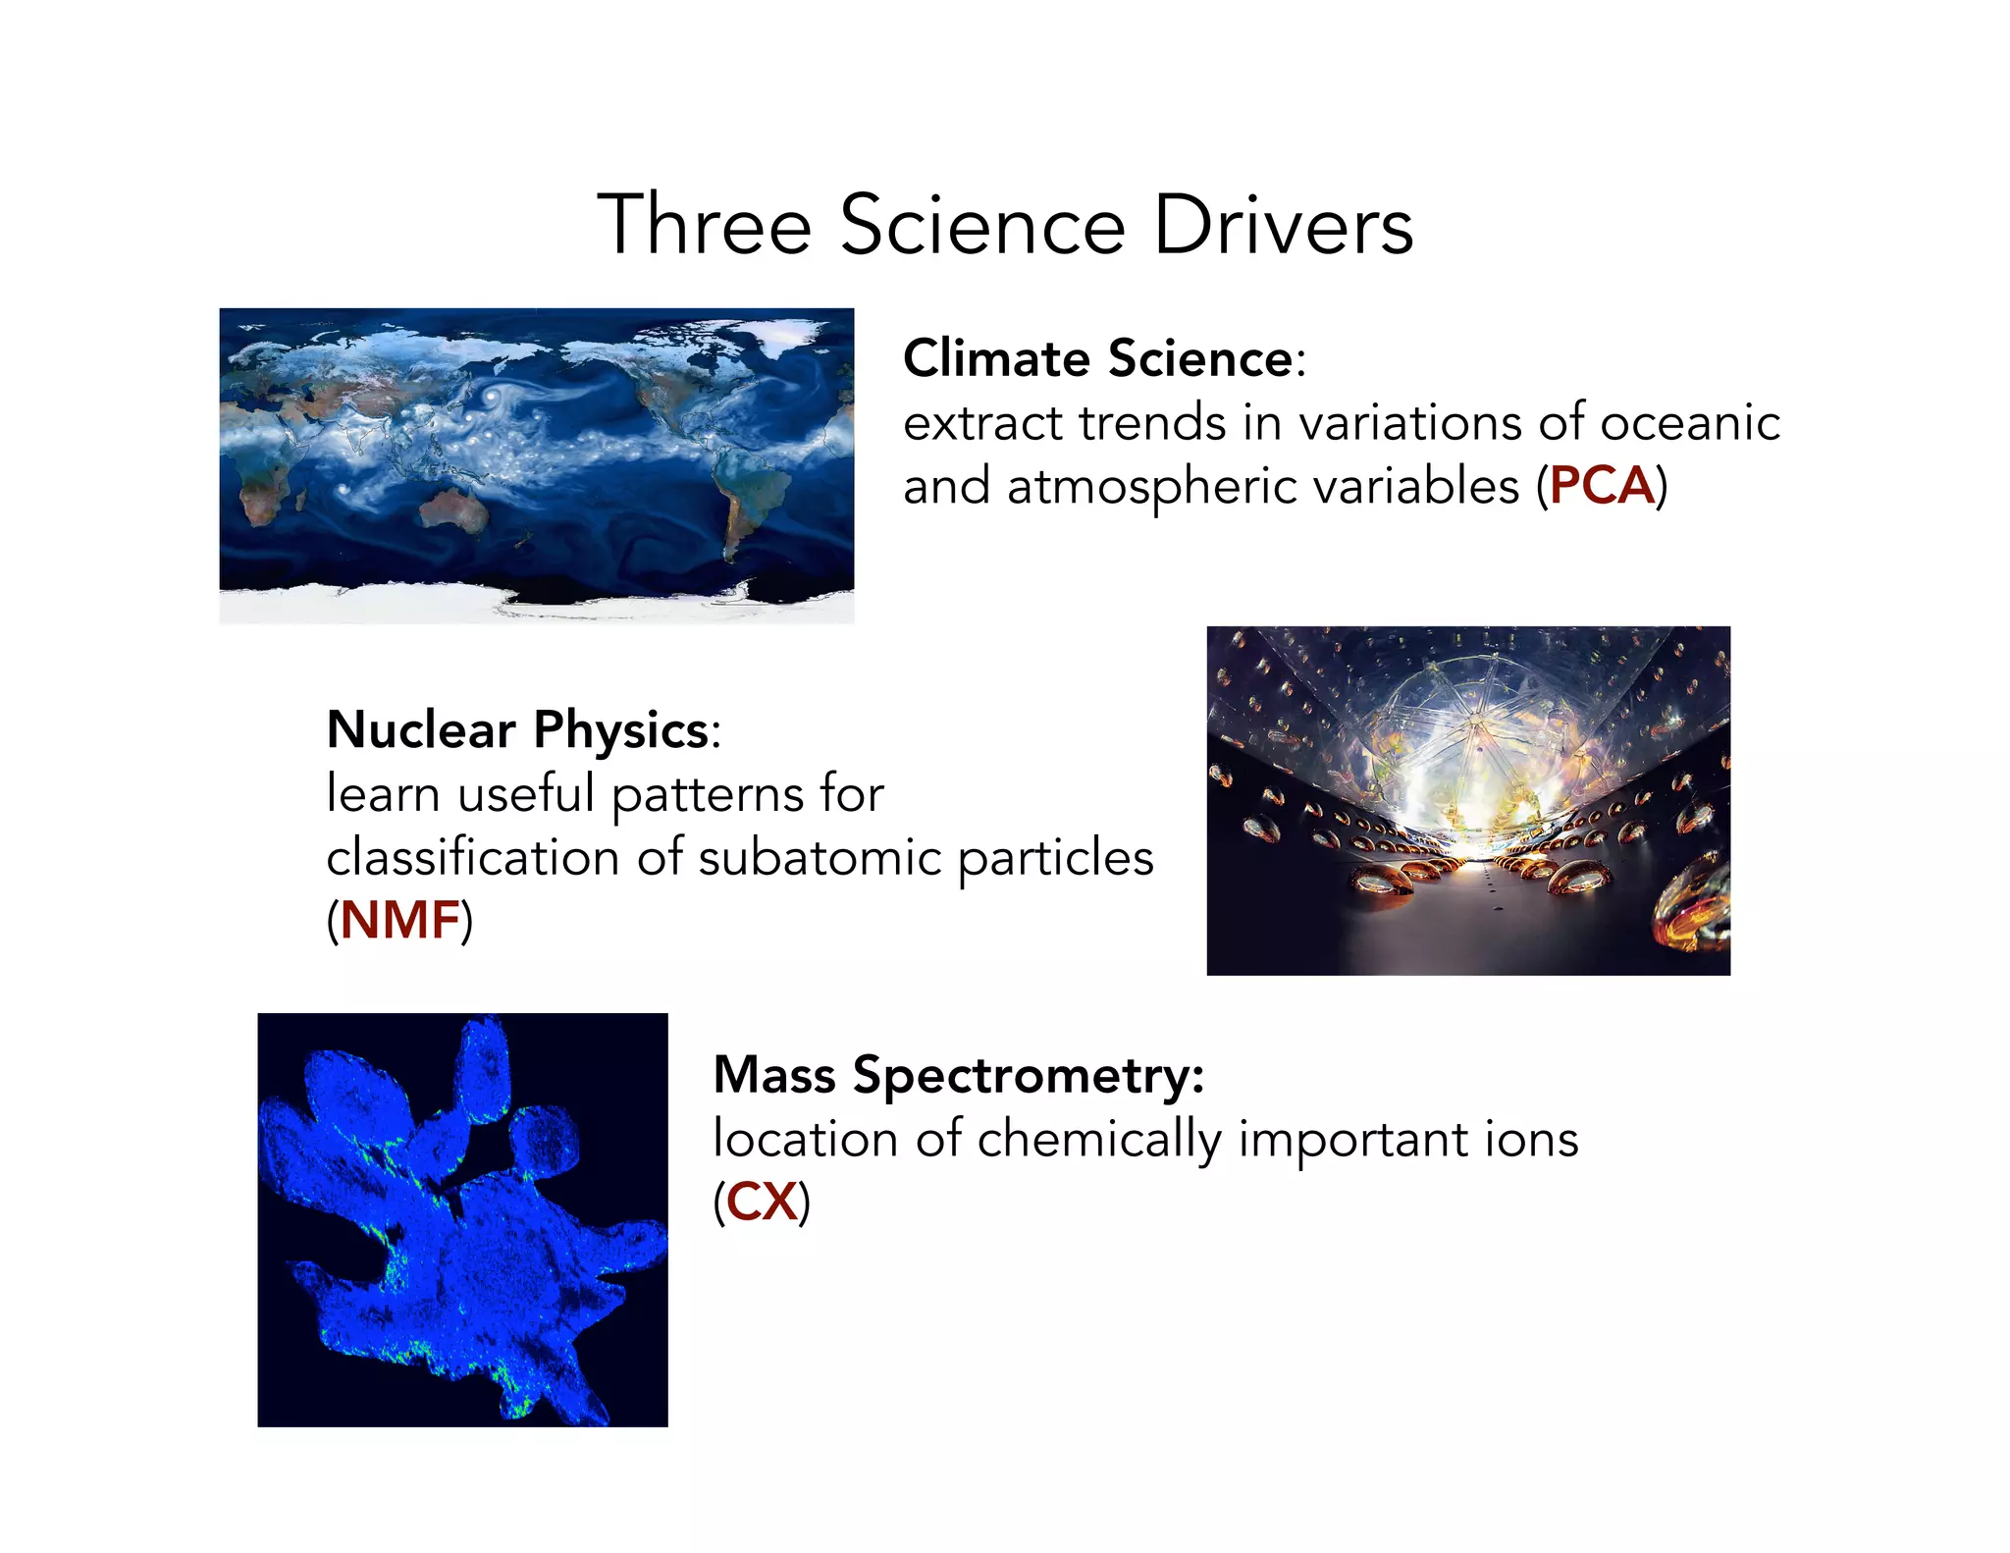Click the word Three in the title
click(704, 226)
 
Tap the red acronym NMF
click(399, 921)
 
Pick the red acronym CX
click(762, 1202)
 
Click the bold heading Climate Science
click(1098, 358)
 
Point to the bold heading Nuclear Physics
click(518, 729)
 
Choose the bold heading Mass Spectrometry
click(957, 1074)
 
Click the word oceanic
click(1689, 423)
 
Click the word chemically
click(1099, 1139)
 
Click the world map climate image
click(536, 464)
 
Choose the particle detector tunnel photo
click(1467, 800)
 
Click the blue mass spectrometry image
click(462, 1219)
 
